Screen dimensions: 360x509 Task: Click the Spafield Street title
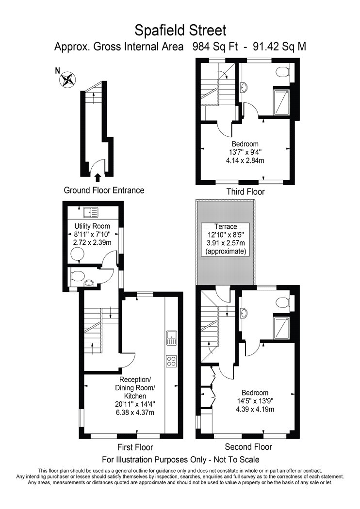180,31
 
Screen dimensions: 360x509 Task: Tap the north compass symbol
67,79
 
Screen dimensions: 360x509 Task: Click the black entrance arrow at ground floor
97,177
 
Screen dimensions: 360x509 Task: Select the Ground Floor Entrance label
104,190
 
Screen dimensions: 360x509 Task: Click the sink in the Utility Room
91,213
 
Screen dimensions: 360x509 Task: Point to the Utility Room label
92,226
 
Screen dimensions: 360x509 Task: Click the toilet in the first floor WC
76,276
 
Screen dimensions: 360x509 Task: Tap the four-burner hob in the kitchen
171,361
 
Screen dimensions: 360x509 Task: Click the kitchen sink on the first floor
171,338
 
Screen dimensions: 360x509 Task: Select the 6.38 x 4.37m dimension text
135,413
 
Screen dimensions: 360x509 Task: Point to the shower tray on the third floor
281,102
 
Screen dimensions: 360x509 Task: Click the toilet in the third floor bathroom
283,72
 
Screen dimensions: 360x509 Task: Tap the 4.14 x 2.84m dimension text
245,160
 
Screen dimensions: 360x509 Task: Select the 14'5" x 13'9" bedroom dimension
255,401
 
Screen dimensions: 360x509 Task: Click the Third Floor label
245,192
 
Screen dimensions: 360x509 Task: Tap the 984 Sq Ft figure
215,47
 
